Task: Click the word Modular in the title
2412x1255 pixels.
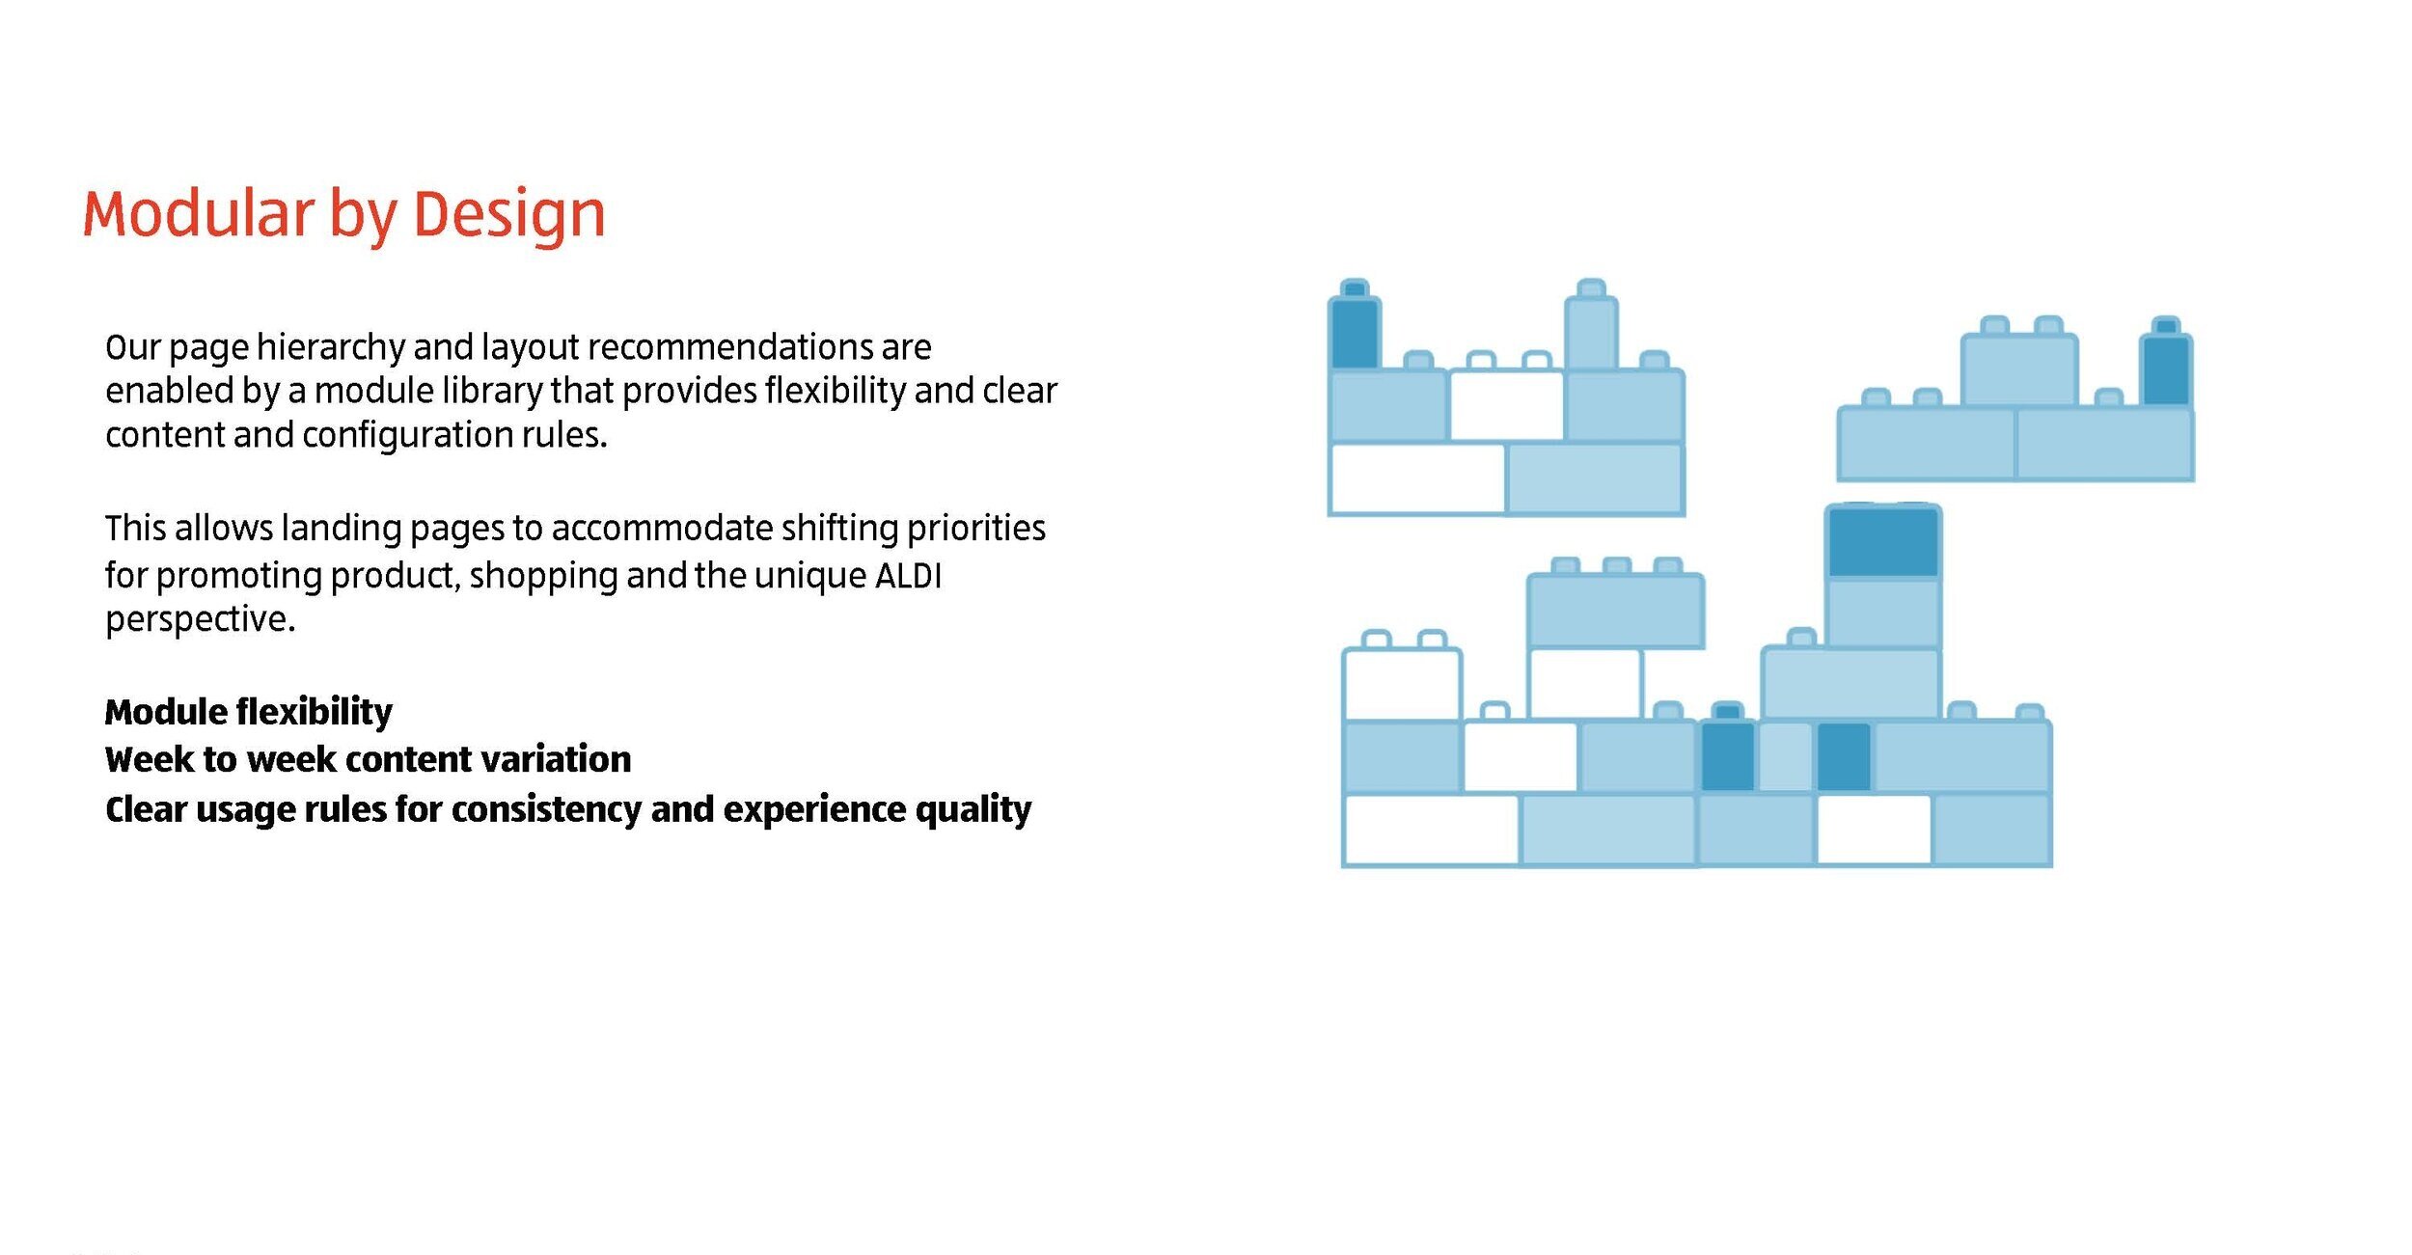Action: (x=198, y=213)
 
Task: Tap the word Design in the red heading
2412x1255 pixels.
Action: (x=508, y=213)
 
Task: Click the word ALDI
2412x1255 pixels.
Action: (x=908, y=576)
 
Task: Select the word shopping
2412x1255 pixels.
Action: (x=543, y=576)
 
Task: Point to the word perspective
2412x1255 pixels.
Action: (x=200, y=619)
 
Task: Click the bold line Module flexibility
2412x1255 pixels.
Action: (x=249, y=712)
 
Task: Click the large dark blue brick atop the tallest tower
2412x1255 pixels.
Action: (x=1882, y=543)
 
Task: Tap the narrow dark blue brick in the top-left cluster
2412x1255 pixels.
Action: (x=1355, y=333)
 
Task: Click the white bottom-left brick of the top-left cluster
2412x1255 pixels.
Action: (x=1416, y=478)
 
